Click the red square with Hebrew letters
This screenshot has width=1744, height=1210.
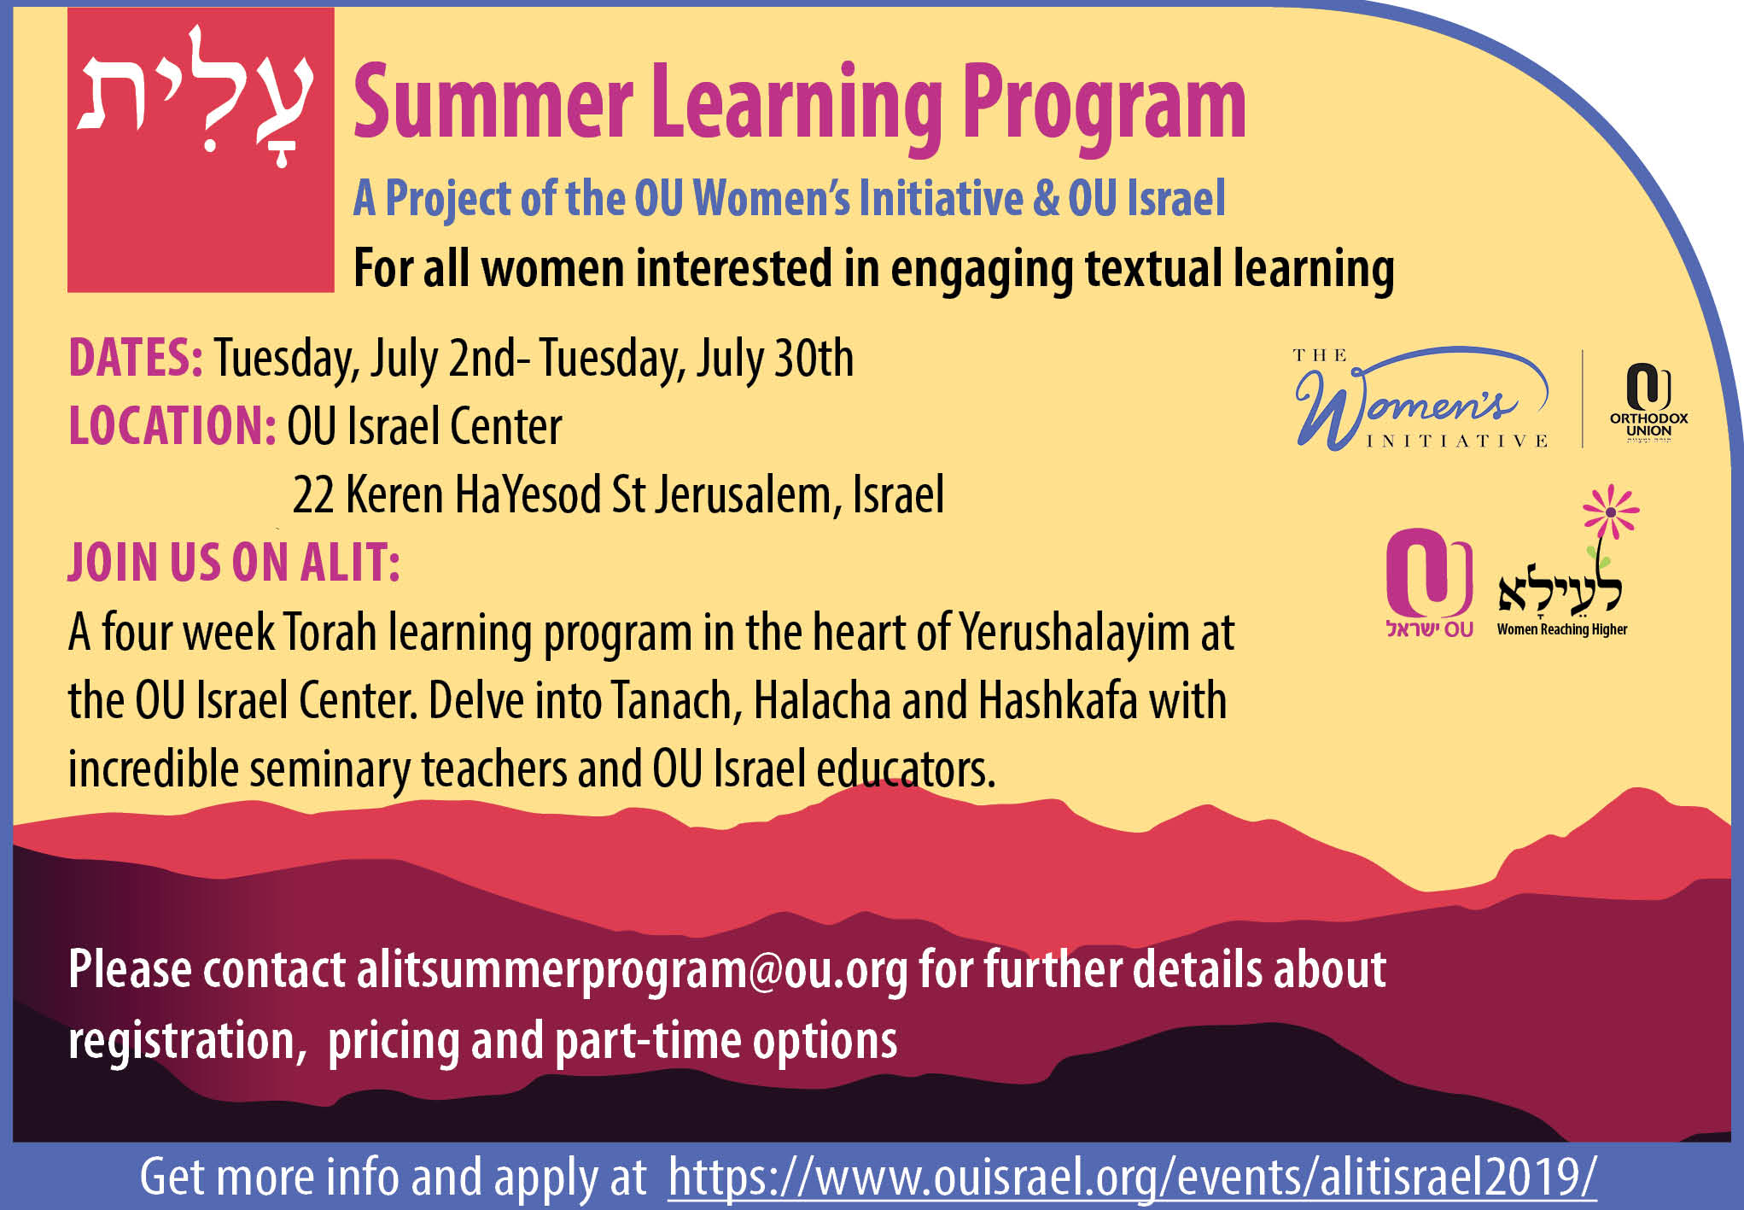201,150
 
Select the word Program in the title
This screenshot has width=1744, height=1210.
1105,109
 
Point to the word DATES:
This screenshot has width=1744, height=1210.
136,358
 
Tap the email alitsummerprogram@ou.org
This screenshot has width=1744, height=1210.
633,971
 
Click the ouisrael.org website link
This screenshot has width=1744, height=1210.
1132,1177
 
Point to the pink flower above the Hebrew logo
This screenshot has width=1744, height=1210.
1611,511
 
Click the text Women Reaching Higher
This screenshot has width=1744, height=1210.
1562,629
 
